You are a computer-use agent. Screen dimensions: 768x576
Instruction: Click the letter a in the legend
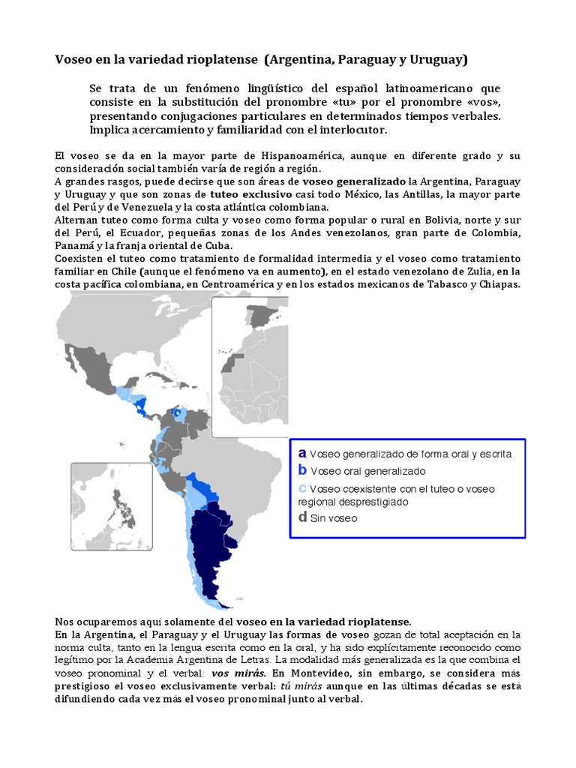(x=302, y=454)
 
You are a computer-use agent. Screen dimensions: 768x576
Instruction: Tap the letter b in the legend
(x=302, y=471)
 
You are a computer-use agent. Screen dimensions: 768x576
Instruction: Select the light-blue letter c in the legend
(x=302, y=488)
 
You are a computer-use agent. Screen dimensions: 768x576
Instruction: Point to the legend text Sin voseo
(x=334, y=517)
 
